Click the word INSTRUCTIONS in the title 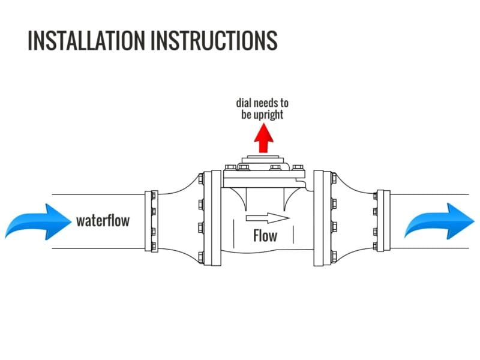coord(214,40)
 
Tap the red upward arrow coord(263,138)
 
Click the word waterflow coord(103,221)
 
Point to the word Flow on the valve coord(265,235)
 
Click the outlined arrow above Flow coord(268,217)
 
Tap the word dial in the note coord(245,103)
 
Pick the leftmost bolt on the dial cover coord(228,168)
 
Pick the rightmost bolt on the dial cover coord(297,168)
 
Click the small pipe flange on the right coord(380,221)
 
